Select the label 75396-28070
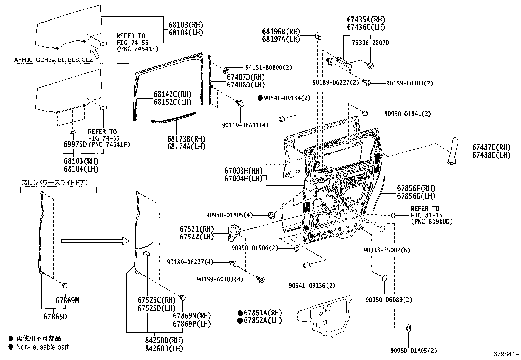coord(370,43)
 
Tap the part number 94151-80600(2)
coord(268,67)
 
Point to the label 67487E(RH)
coord(491,147)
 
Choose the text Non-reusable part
coord(43,347)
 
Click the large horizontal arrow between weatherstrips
coord(96,241)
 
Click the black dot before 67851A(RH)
coord(240,313)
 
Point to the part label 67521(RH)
coord(196,229)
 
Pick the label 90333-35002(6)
coord(386,250)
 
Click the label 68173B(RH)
coord(186,139)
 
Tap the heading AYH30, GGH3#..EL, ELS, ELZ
coord(53,60)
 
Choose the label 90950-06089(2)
coord(389,300)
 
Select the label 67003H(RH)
coord(243,171)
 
